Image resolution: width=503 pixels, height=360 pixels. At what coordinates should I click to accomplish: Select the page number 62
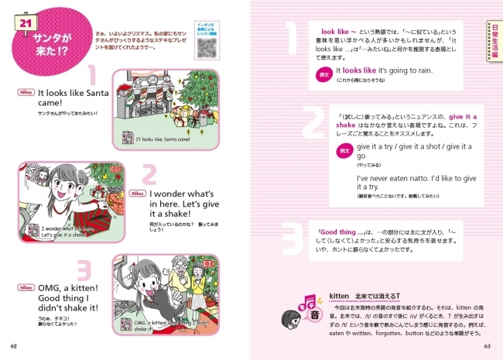coord(13,346)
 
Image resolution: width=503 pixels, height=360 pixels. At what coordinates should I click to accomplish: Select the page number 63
coord(488,346)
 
